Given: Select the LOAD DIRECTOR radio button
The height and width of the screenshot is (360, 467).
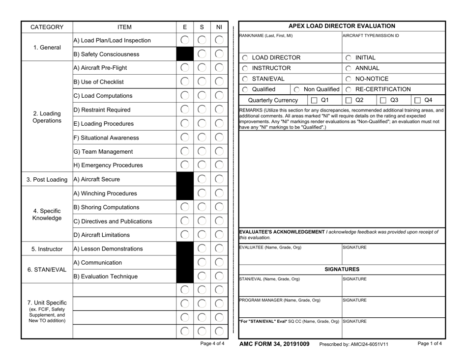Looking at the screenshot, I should [x=244, y=57].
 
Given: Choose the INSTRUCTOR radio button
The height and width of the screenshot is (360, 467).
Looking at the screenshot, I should [x=244, y=68].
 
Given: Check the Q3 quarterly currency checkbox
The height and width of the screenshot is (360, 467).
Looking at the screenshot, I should [x=384, y=100].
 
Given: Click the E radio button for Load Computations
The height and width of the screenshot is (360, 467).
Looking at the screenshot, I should [x=184, y=95].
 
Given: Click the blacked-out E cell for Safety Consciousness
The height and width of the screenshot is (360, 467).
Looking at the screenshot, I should [x=184, y=54].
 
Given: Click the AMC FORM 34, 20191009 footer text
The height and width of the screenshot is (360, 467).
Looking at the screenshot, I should [x=274, y=344].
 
